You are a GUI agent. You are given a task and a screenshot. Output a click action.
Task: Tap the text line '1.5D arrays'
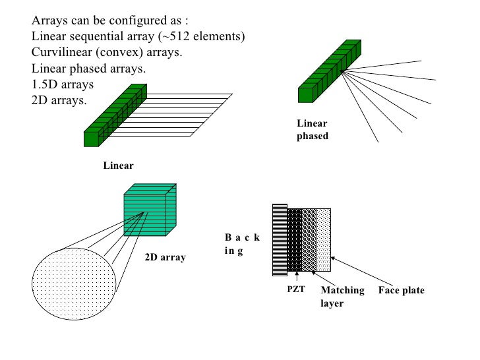pos(63,84)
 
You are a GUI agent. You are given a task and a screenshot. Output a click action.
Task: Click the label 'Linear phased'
pos(312,130)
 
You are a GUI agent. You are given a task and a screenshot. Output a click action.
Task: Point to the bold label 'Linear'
pos(118,165)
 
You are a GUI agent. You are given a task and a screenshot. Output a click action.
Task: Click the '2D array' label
pos(165,257)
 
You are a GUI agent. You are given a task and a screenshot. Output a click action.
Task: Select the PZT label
pos(296,290)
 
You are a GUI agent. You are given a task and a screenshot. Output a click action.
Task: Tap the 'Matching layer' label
pos(342,297)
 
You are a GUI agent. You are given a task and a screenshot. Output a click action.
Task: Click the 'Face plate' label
pos(401,290)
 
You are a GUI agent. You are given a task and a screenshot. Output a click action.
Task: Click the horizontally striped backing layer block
pos(280,239)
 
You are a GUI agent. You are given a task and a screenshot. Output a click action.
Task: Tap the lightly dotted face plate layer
pos(324,239)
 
